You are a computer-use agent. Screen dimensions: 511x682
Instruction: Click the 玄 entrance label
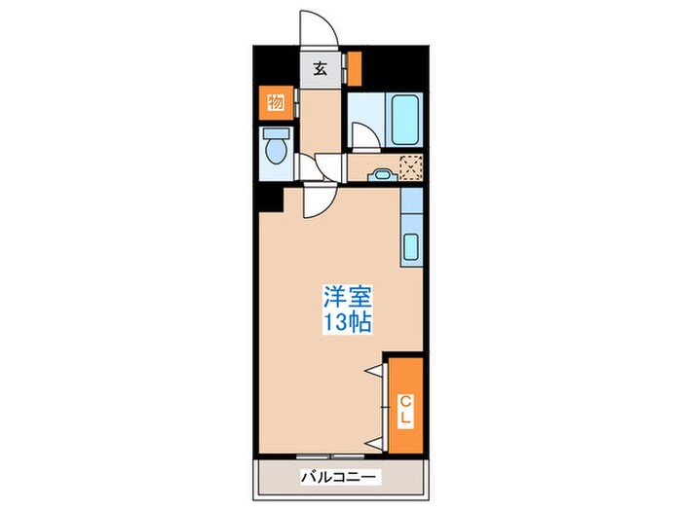(x=319, y=68)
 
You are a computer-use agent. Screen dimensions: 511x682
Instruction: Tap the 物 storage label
(x=276, y=101)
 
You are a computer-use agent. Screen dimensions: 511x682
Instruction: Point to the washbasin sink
(x=380, y=175)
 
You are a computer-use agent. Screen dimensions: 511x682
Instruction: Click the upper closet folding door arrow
(x=373, y=370)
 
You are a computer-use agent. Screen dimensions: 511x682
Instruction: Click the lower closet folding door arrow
(x=373, y=442)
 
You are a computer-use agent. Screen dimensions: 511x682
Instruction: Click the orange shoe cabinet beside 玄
(x=355, y=68)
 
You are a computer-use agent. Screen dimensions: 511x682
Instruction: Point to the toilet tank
(x=277, y=133)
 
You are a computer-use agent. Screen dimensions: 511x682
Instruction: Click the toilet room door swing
(x=309, y=170)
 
